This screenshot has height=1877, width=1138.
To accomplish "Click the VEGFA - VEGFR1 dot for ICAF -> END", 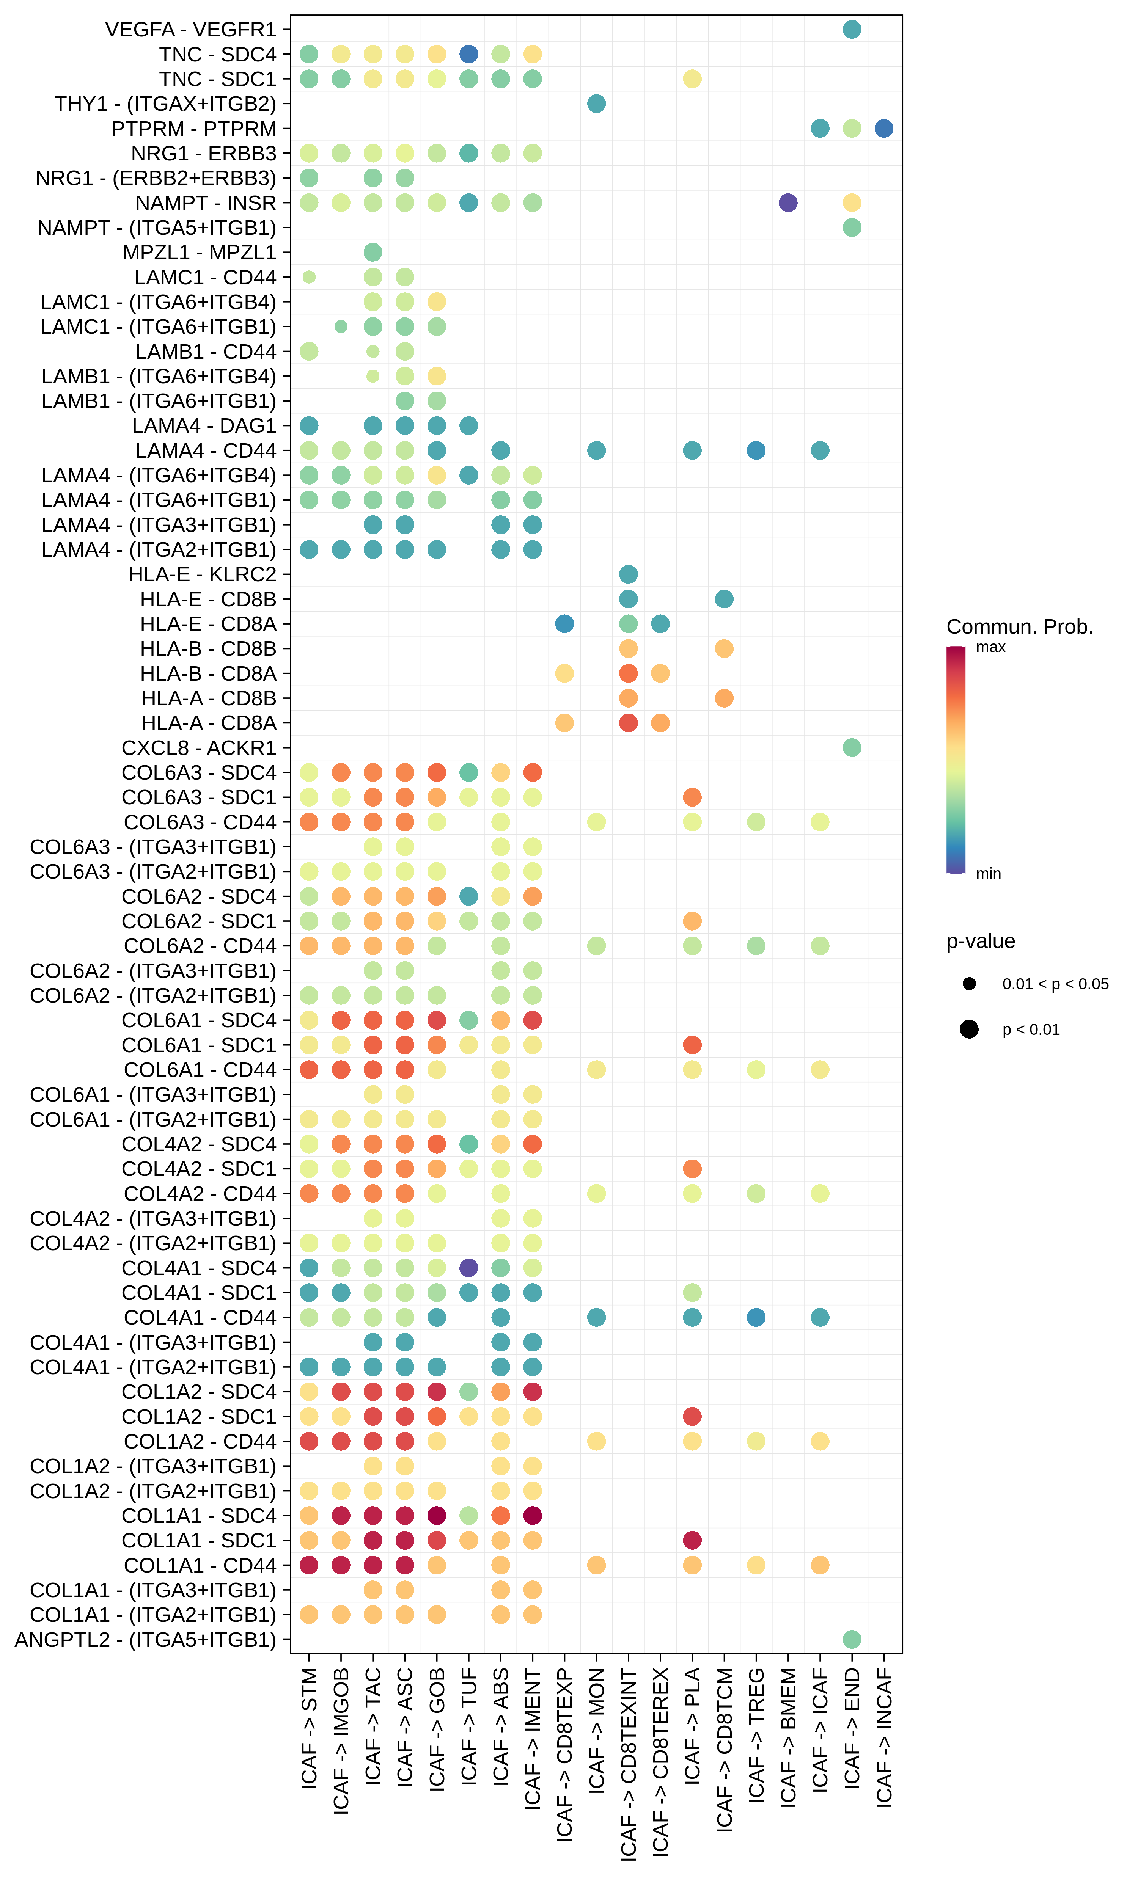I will pos(851,30).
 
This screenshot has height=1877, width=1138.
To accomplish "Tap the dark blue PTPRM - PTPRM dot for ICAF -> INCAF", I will pos(883,129).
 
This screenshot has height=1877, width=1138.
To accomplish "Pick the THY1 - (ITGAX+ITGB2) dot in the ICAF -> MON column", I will pos(596,104).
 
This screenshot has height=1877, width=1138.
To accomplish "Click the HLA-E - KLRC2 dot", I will pos(628,574).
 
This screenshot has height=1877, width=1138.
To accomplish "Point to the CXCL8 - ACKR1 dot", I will pos(851,747).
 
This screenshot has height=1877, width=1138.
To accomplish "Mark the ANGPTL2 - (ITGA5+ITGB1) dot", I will pos(851,1638).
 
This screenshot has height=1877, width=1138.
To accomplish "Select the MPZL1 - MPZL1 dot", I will pos(373,252).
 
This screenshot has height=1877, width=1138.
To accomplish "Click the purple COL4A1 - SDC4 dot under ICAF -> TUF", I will pos(469,1268).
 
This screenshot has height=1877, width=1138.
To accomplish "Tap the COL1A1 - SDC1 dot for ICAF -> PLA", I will pos(692,1540).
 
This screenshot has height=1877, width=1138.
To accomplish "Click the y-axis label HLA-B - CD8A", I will pos(208,673).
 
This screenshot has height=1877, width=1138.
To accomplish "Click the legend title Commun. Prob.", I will pos(1019,627).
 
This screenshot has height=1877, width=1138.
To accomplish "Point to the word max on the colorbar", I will pos(990,648).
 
